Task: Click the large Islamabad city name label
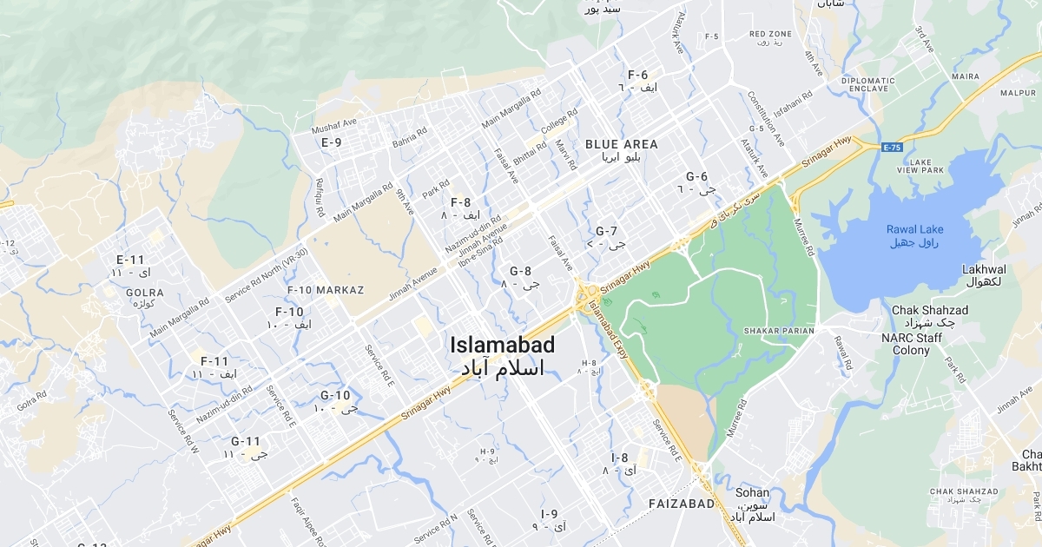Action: pos(503,345)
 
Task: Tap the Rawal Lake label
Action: pos(915,229)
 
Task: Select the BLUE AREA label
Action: pos(621,144)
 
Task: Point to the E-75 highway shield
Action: pos(892,148)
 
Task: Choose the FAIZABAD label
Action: pos(682,504)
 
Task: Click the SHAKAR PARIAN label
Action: pos(779,331)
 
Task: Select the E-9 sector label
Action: pos(331,142)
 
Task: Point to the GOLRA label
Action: pos(145,293)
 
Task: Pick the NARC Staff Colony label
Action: pos(918,344)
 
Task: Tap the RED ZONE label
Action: pos(769,34)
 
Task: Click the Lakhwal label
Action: pos(984,270)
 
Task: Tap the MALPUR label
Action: pos(1018,93)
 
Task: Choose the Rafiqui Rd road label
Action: pos(320,197)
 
